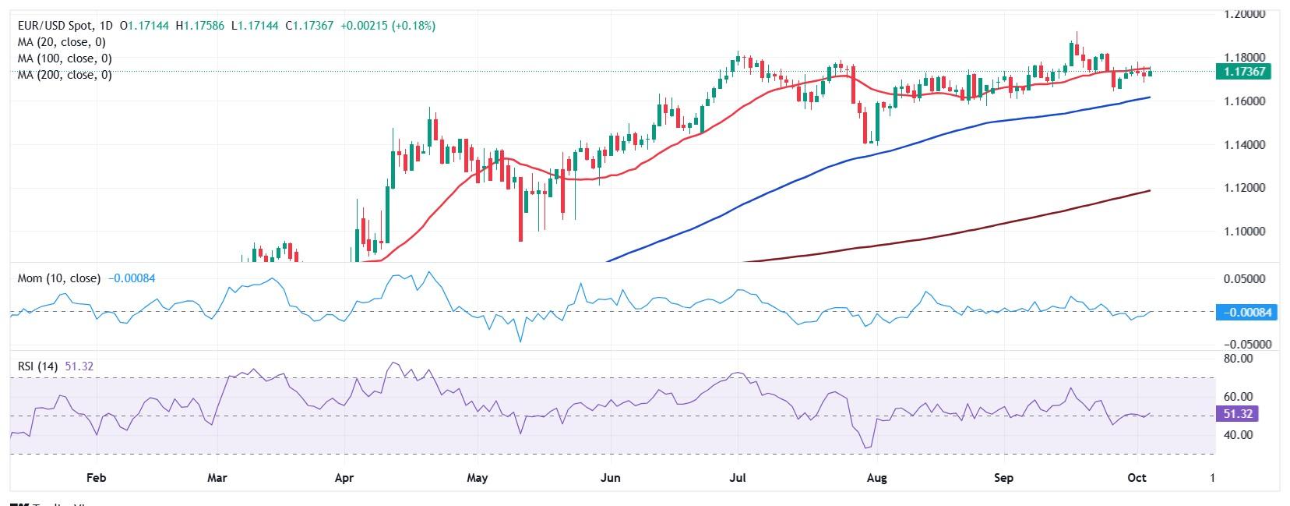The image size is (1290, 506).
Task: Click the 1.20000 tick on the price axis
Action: pyautogui.click(x=1244, y=14)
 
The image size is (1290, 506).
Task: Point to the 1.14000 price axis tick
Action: pyautogui.click(x=1244, y=145)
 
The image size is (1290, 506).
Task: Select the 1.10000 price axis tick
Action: pyautogui.click(x=1244, y=232)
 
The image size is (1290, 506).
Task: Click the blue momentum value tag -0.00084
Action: pyautogui.click(x=1246, y=312)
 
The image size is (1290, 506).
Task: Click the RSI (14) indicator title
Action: pyautogui.click(x=37, y=366)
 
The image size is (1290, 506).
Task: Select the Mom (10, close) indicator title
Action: pyautogui.click(x=58, y=278)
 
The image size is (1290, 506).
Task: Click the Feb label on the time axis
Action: pyautogui.click(x=95, y=477)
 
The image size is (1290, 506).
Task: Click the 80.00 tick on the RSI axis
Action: pyautogui.click(x=1239, y=359)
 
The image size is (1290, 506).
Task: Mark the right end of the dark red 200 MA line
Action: pyautogui.click(x=1150, y=190)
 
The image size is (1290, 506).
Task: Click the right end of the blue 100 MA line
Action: pyautogui.click(x=1150, y=97)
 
